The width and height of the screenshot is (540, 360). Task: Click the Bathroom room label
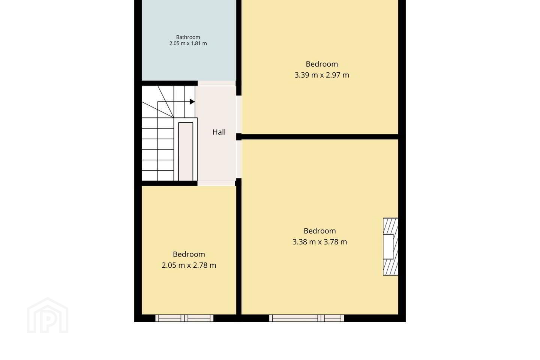(188, 37)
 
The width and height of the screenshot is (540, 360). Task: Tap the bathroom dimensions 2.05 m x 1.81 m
(188, 43)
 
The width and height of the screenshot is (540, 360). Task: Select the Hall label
(219, 132)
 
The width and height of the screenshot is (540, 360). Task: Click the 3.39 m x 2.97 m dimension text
(322, 75)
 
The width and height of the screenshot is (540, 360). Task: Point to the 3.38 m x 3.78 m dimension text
(319, 242)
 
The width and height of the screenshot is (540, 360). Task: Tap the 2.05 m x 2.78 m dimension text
(189, 265)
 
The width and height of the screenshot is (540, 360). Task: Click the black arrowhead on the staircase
(192, 102)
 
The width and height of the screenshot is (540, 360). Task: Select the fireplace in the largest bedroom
(390, 247)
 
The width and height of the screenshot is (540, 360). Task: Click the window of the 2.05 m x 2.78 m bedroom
(184, 318)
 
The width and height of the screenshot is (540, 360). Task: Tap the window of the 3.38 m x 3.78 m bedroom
(307, 318)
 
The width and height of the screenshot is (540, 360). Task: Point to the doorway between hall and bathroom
(216, 83)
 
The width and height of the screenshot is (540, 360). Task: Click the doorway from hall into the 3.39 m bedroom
(238, 114)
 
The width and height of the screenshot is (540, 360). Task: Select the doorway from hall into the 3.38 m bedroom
(238, 159)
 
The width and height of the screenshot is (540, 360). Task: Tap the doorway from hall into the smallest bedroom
(216, 183)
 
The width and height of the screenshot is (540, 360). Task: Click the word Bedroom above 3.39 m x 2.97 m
(322, 64)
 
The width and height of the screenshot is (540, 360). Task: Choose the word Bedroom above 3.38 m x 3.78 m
(319, 231)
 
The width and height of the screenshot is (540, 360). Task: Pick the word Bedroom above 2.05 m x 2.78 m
(189, 254)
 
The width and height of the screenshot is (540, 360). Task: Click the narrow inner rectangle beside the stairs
(186, 151)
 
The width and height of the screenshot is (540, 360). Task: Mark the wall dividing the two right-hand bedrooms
(320, 137)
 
